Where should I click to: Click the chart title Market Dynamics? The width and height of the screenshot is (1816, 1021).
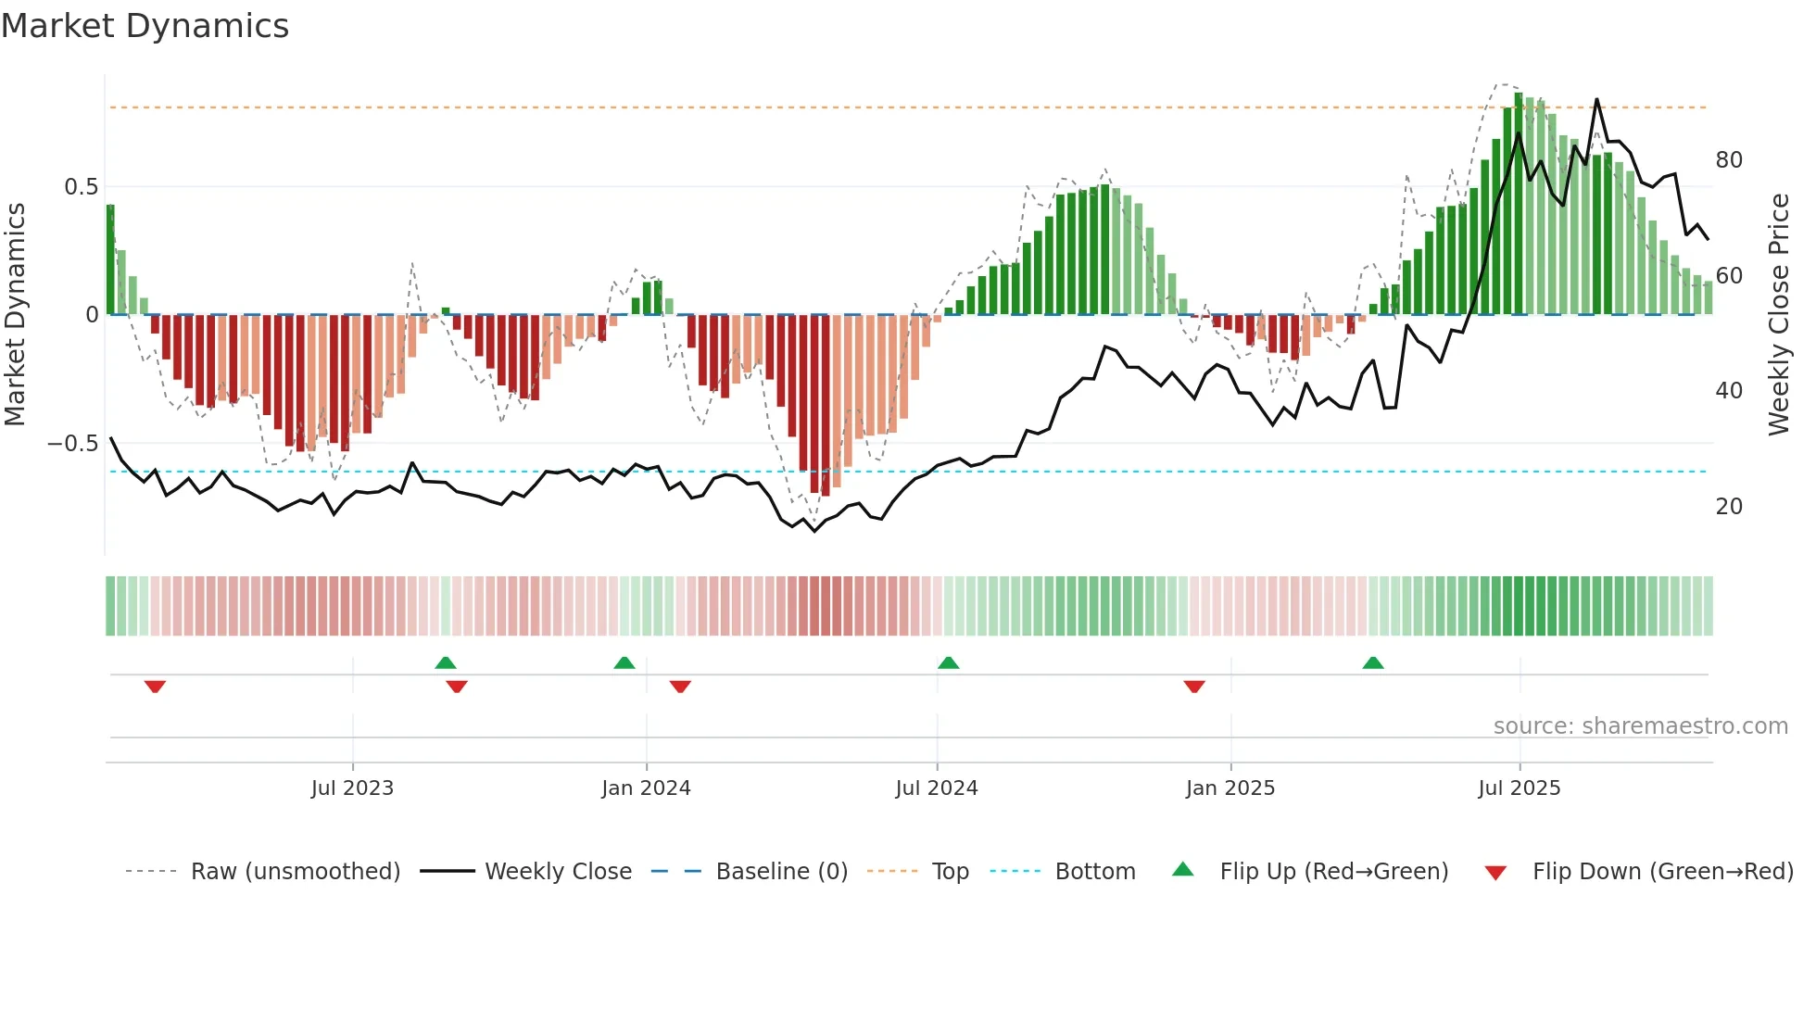[145, 26]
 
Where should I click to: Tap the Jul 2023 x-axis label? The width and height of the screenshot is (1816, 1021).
[352, 788]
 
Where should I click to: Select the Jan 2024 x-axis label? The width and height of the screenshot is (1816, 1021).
[646, 788]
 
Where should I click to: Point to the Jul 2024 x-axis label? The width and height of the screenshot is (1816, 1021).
[937, 788]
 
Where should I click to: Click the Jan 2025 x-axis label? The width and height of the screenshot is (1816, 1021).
[1230, 788]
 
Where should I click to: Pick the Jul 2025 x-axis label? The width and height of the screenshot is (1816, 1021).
[1520, 788]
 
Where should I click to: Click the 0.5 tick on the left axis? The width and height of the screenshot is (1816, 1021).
[81, 187]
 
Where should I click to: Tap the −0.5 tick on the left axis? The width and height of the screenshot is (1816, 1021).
[73, 444]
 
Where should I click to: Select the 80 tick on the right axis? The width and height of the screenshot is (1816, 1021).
[1729, 160]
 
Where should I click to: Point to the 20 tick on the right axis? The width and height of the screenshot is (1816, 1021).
[1729, 507]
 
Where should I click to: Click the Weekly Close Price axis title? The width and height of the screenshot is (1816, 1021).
[1779, 315]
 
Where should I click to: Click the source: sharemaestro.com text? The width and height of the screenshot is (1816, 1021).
[1640, 726]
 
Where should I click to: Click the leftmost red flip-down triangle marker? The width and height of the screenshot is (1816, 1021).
[155, 687]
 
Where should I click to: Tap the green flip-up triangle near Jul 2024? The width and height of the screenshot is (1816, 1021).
[948, 662]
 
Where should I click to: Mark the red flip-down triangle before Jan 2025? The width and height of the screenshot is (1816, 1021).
[1194, 687]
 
